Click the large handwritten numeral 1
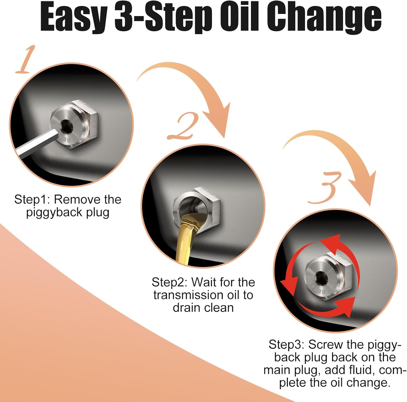(x=26, y=60)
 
